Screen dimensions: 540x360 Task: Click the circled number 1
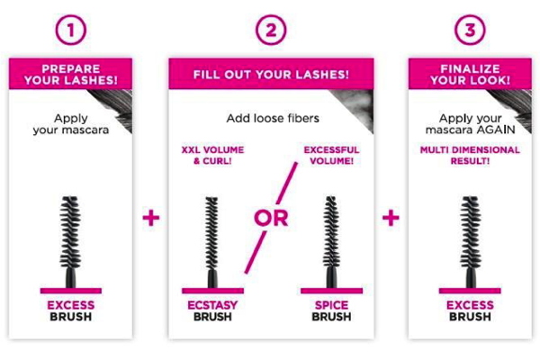tap(70, 30)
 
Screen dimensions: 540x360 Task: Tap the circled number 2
tap(271, 30)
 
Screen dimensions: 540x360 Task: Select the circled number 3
tap(470, 30)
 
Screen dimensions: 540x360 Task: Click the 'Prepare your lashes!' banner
tap(70, 74)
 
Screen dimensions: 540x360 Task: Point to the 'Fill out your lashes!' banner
tap(271, 74)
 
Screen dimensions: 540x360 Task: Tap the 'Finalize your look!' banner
tap(470, 74)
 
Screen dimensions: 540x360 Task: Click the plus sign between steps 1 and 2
tap(151, 218)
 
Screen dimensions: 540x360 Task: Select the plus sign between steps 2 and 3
tap(391, 218)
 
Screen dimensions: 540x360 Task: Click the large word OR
tap(271, 218)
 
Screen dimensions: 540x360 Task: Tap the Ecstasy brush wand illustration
tap(211, 242)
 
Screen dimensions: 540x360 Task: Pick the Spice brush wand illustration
tap(331, 242)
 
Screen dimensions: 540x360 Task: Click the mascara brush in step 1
tap(70, 242)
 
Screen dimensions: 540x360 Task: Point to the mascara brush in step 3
tap(470, 242)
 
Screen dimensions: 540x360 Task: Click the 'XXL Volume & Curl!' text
tap(212, 156)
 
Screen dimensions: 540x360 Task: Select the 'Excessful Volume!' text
tap(331, 156)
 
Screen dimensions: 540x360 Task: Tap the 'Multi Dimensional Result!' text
tap(470, 156)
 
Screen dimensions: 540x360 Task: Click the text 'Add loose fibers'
tap(273, 119)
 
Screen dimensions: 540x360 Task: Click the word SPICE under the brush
tap(331, 305)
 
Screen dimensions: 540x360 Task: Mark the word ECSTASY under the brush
tap(212, 305)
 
